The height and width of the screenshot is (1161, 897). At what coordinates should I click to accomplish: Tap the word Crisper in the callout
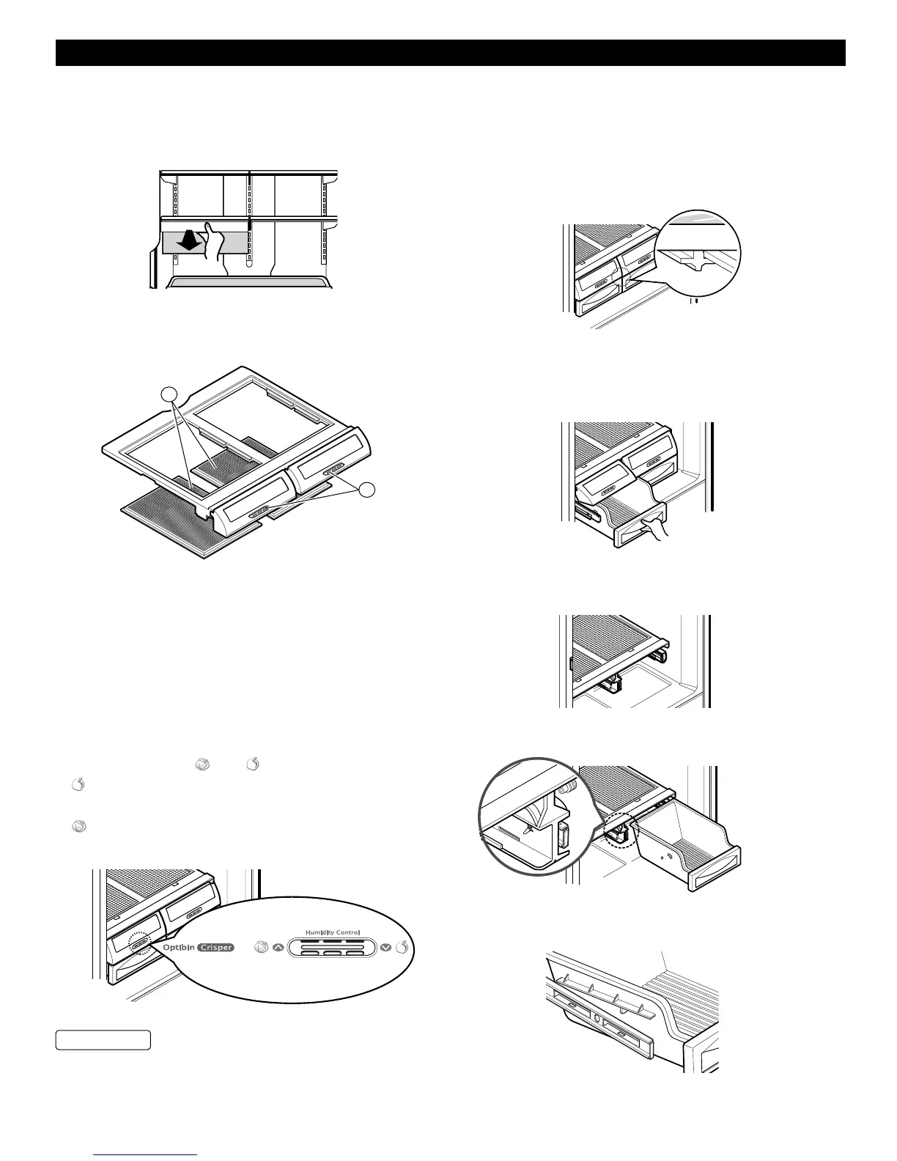[216, 947]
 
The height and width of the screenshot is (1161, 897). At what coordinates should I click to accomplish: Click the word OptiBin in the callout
[173, 947]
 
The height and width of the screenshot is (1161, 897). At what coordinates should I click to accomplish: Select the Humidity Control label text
[336, 933]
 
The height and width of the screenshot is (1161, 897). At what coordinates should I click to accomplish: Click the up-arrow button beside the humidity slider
[278, 948]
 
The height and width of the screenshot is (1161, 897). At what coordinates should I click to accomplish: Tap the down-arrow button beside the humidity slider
[386, 948]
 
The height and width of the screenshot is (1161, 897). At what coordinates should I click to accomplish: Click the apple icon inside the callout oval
[402, 948]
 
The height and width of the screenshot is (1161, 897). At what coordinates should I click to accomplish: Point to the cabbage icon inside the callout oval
[260, 948]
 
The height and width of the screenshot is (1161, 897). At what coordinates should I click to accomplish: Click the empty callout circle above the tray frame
[170, 393]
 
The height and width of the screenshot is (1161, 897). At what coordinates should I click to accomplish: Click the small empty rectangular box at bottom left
[103, 1039]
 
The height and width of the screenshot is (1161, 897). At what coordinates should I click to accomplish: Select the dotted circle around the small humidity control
[138, 944]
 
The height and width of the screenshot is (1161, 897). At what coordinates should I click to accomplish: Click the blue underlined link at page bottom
[147, 1155]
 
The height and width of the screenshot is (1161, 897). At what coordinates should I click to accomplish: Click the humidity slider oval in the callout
[332, 948]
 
